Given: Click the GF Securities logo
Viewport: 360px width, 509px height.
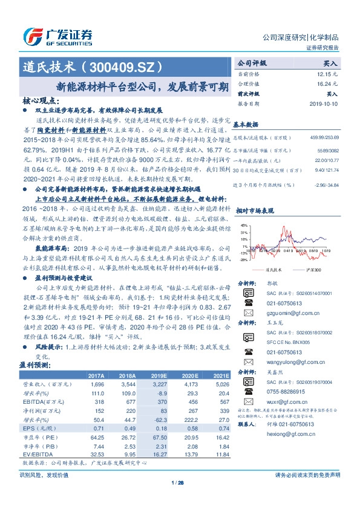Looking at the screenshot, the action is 57,36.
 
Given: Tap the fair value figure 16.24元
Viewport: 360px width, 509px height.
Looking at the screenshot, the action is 327,83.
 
